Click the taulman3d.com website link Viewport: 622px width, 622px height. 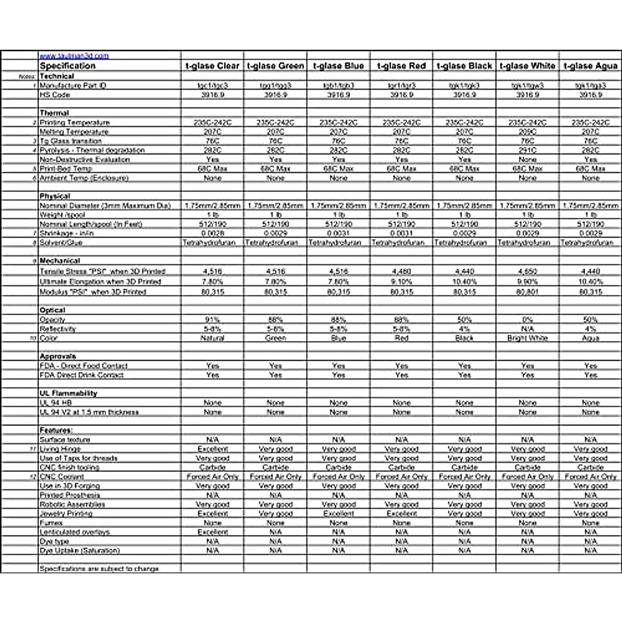pyautogui.click(x=74, y=56)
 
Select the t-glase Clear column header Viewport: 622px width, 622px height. pyautogui.click(x=213, y=66)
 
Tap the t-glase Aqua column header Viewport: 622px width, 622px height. pyautogui.click(x=590, y=66)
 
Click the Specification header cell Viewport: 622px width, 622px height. pyautogui.click(x=68, y=66)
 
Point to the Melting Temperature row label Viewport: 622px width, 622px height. pyautogui.click(x=74, y=132)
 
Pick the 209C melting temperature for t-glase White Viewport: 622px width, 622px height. pyautogui.click(x=528, y=132)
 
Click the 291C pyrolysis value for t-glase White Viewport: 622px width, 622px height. pyautogui.click(x=528, y=150)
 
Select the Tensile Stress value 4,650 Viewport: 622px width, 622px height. pyautogui.click(x=528, y=271)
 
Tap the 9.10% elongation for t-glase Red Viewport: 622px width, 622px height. pyautogui.click(x=402, y=281)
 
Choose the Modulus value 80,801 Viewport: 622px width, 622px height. pyautogui.click(x=528, y=292)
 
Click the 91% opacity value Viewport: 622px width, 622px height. pyautogui.click(x=213, y=320)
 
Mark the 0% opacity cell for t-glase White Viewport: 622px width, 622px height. pyautogui.click(x=528, y=320)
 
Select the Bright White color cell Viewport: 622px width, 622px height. pyautogui.click(x=528, y=338)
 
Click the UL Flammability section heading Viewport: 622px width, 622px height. pyautogui.click(x=68, y=393)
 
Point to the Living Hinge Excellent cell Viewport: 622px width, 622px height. pyautogui.click(x=213, y=449)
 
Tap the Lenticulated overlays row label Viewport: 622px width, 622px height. pyautogui.click(x=75, y=532)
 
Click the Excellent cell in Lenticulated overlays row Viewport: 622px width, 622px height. pyautogui.click(x=213, y=532)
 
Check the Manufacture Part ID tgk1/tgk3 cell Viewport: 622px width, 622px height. pyautogui.click(x=464, y=85)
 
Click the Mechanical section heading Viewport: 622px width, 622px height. pyautogui.click(x=60, y=261)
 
